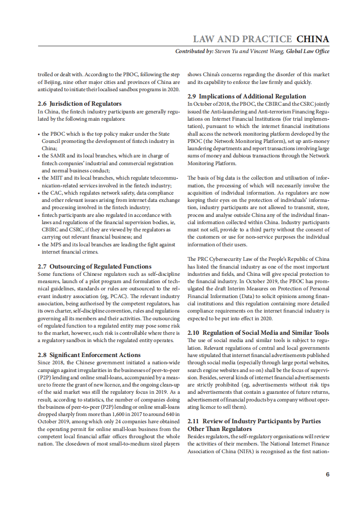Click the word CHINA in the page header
click(x=313, y=39)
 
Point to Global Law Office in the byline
click(x=308, y=51)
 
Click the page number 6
click(x=327, y=475)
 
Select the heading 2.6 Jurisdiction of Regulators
click(x=79, y=103)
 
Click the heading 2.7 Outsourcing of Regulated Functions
click(x=94, y=266)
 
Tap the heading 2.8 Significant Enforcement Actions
click(x=89, y=355)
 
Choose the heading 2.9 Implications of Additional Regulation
click(x=247, y=96)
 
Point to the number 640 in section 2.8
click(x=168, y=414)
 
